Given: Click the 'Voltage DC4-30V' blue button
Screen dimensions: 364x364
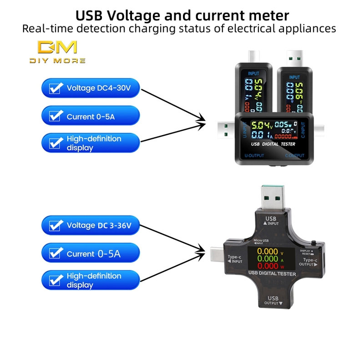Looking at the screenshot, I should [91, 88].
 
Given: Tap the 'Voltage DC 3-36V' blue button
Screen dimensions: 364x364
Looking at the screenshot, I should [91, 225].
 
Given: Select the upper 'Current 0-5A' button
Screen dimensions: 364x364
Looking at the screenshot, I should [91, 116].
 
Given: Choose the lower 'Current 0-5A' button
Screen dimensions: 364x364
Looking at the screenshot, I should [91, 253].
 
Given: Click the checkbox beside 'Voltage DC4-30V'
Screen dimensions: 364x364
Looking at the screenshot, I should [56, 88].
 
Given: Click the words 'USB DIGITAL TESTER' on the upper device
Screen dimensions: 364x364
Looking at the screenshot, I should [273, 144].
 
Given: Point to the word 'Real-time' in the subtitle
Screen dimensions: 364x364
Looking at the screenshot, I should [43, 29].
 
